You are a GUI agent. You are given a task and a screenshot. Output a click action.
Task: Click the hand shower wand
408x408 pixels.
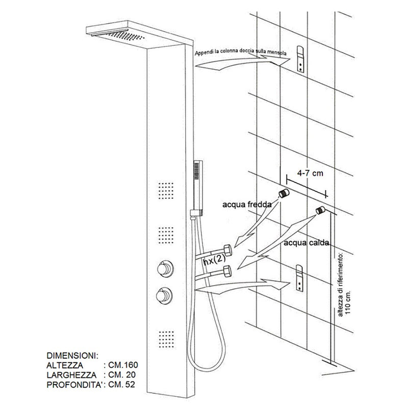pyautogui.click(x=199, y=186)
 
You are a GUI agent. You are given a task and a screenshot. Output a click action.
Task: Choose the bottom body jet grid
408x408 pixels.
pyautogui.click(x=164, y=339)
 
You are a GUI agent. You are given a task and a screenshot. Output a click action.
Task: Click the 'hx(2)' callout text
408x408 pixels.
pyautogui.click(x=215, y=262)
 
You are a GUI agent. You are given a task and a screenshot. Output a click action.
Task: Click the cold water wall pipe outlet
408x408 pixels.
pyautogui.click(x=284, y=194)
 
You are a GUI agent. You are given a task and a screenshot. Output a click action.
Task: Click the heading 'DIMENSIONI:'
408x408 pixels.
pyautogui.click(x=71, y=355)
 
